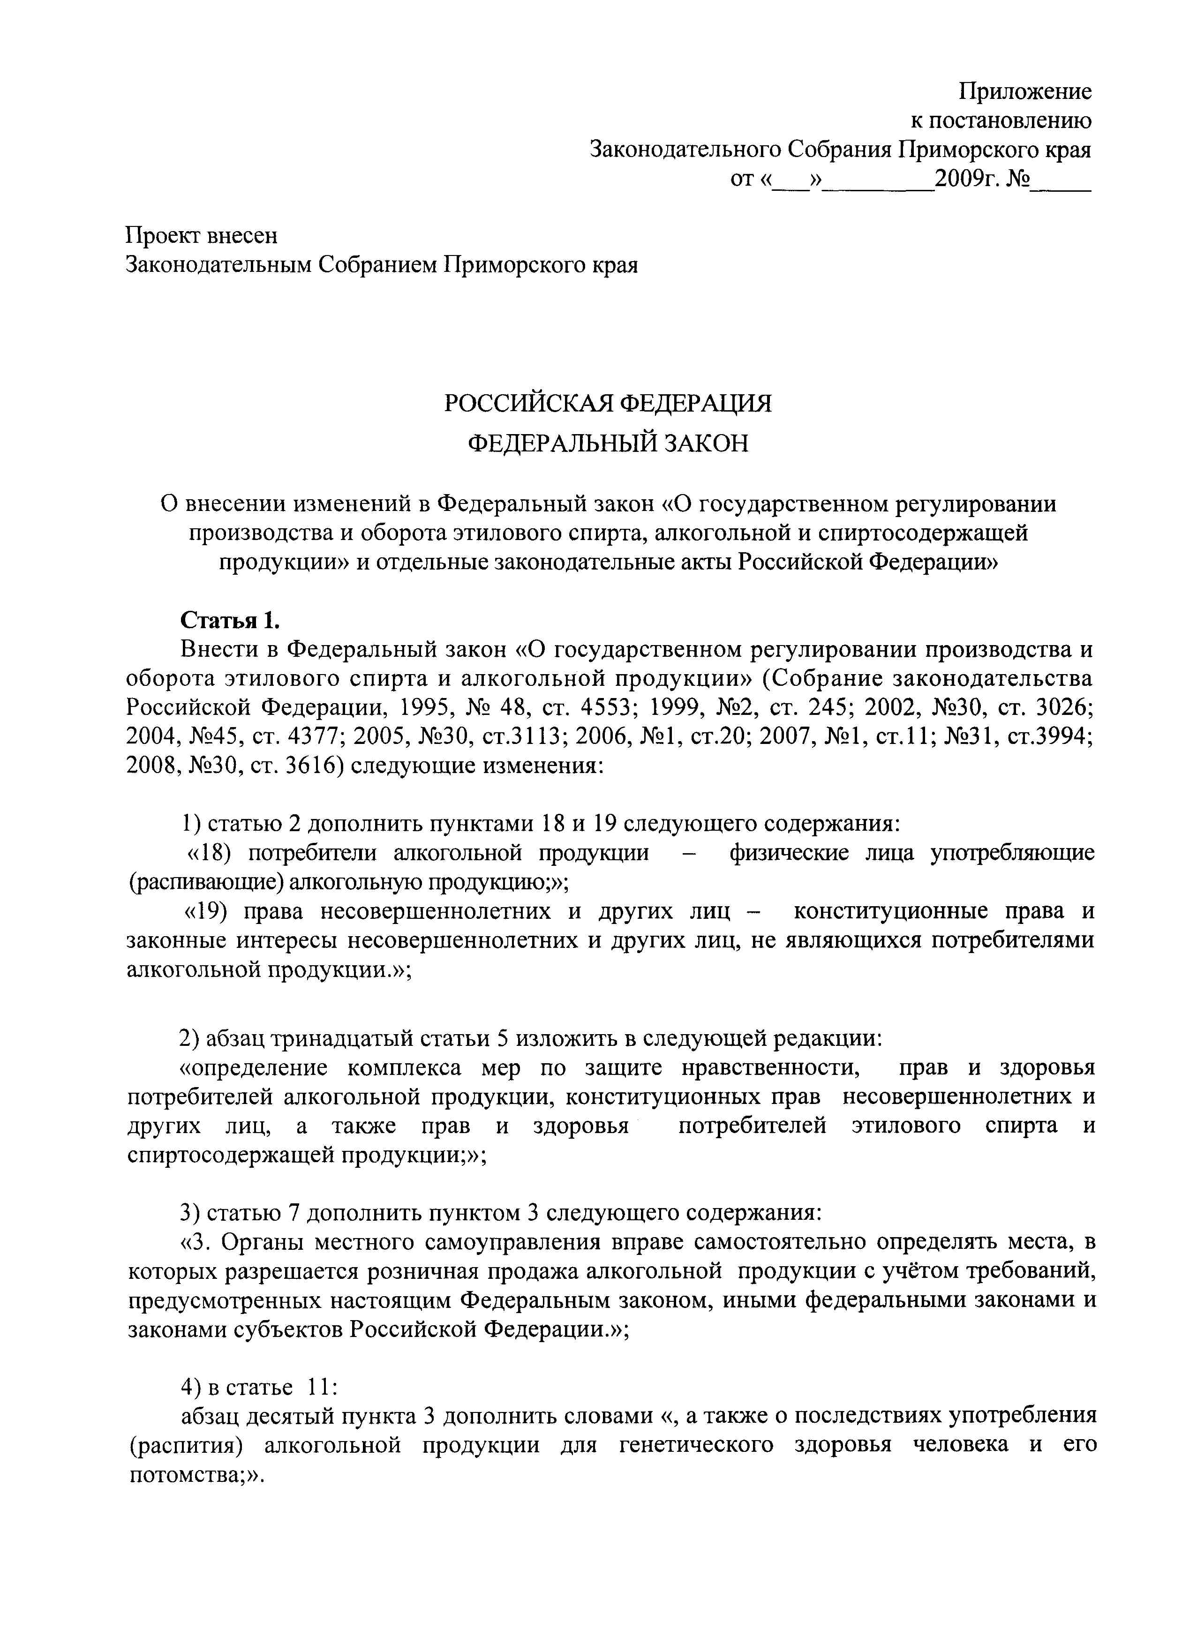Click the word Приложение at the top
point(1025,92)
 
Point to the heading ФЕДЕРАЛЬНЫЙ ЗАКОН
point(608,443)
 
